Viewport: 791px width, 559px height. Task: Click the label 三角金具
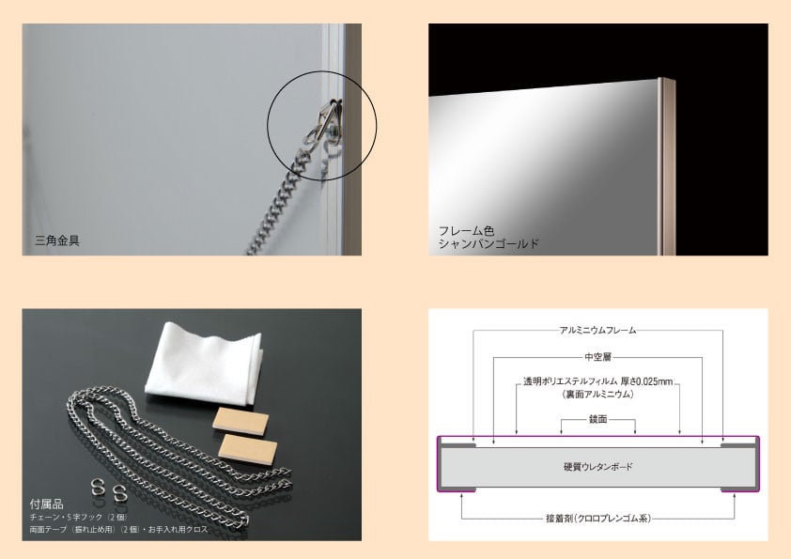click(x=57, y=241)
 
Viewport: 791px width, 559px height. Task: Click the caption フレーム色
click(x=466, y=231)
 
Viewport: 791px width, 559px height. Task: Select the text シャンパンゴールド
click(x=489, y=243)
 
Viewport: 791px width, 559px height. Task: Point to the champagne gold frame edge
click(x=666, y=166)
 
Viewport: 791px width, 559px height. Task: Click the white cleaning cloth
click(x=204, y=364)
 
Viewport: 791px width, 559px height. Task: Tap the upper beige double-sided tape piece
click(x=240, y=419)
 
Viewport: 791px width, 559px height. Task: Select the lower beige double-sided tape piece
click(x=248, y=449)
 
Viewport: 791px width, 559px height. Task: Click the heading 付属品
click(x=46, y=504)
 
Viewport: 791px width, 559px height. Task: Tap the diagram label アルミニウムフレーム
click(x=597, y=331)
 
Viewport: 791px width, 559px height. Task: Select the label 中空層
click(x=597, y=357)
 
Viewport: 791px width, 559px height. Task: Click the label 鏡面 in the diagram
click(x=597, y=419)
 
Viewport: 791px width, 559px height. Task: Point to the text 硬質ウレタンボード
click(x=597, y=467)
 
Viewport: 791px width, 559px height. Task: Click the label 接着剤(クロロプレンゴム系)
click(x=598, y=519)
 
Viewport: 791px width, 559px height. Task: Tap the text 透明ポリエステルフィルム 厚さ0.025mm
click(x=597, y=381)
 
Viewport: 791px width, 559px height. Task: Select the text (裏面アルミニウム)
click(x=597, y=395)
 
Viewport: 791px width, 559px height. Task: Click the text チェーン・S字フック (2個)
click(x=78, y=518)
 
